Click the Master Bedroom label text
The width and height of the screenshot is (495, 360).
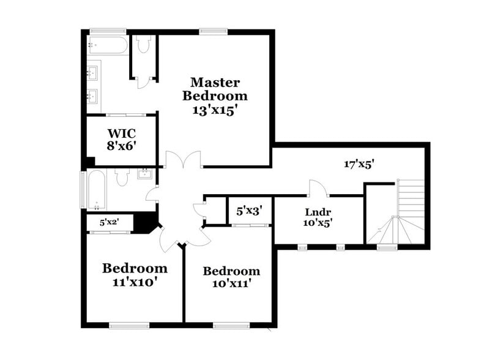(x=215, y=89)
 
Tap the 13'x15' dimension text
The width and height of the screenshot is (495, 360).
(x=214, y=111)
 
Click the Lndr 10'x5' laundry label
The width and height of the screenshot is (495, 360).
(x=318, y=218)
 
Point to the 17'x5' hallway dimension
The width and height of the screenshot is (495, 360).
(x=359, y=164)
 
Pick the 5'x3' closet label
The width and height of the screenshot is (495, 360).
(x=249, y=211)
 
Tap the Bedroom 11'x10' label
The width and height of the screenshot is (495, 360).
(x=135, y=275)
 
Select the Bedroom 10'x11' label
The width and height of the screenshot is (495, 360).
(x=231, y=277)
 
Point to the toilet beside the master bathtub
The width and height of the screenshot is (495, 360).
(x=144, y=45)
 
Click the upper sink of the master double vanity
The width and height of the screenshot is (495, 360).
(x=93, y=73)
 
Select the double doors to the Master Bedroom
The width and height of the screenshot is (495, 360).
(x=183, y=160)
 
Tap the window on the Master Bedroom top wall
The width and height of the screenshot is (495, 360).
(x=213, y=31)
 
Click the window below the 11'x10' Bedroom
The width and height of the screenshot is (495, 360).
(x=128, y=324)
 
